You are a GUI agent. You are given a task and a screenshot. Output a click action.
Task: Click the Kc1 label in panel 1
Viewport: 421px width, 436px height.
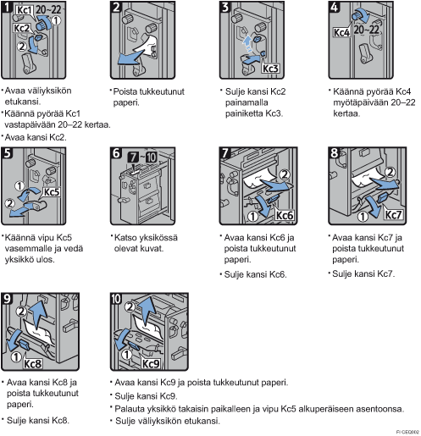24,10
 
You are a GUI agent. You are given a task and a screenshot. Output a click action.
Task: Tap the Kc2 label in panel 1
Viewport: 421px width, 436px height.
22,28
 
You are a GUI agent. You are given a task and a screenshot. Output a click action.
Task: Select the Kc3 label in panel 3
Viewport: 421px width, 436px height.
270,69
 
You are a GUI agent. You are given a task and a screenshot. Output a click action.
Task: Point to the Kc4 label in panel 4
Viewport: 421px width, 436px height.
342,32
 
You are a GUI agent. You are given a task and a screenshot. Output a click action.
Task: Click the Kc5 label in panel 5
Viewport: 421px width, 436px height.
52,192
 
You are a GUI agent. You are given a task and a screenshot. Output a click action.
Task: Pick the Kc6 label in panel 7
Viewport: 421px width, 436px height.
285,216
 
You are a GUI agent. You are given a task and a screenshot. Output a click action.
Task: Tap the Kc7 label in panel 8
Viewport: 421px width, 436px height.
393,215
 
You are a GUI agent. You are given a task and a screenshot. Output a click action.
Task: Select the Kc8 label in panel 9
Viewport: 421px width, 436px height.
32,364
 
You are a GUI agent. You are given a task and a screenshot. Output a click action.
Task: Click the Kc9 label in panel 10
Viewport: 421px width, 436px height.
151,364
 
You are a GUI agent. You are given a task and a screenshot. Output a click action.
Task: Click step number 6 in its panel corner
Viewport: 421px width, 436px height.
116,153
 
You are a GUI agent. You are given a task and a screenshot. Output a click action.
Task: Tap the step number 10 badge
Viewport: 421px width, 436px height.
116,299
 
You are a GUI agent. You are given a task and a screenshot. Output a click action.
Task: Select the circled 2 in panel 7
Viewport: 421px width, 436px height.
285,175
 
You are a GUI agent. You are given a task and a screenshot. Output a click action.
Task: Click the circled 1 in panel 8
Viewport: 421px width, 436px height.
363,217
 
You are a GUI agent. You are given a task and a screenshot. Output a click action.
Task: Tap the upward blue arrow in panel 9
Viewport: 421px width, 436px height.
38,314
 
